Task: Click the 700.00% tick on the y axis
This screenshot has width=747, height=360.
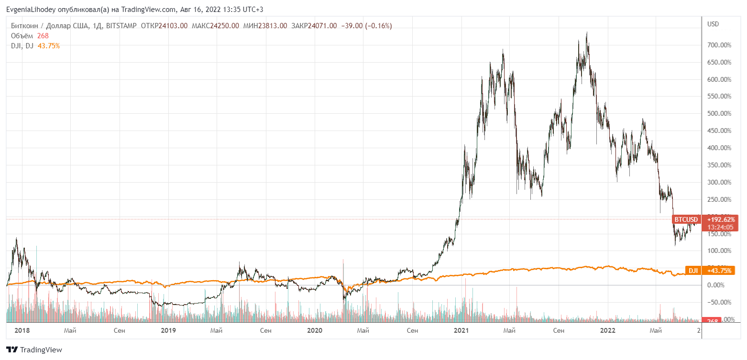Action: (x=719, y=45)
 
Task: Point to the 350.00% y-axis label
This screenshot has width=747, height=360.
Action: (x=719, y=165)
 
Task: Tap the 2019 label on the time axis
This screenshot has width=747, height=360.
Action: (x=168, y=330)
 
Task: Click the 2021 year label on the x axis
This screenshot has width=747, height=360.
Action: (x=461, y=330)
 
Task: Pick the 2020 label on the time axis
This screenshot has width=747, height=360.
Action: (x=315, y=330)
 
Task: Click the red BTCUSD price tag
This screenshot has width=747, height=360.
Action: (x=686, y=219)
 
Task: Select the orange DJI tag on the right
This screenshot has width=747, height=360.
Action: (x=693, y=271)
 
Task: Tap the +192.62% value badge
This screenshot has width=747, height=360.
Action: (x=720, y=219)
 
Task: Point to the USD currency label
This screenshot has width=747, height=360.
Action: (x=713, y=24)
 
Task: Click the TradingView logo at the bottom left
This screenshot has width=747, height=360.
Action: (x=34, y=349)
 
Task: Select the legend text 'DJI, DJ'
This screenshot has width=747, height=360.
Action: (x=22, y=46)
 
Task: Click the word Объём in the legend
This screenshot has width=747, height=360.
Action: (x=22, y=36)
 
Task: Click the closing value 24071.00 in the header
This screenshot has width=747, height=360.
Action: (x=321, y=26)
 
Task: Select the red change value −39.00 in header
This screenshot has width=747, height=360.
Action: (x=351, y=26)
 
